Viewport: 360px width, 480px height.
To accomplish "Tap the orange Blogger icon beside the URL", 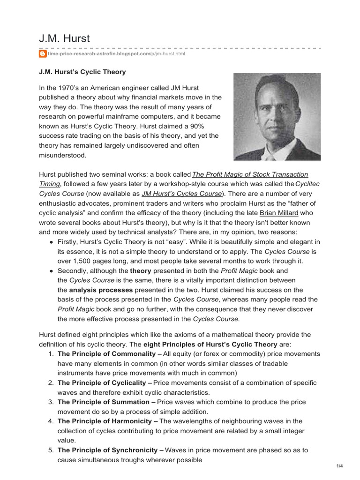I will [42, 54].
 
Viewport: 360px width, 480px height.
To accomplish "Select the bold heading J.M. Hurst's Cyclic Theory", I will [82, 72].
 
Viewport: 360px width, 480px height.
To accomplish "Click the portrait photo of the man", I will [277, 117].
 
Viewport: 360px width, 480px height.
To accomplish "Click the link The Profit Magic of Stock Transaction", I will [250, 174].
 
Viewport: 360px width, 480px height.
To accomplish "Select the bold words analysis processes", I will [101, 290].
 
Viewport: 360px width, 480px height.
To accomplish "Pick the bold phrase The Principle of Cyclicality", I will [104, 383].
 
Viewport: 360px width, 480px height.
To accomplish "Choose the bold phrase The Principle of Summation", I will [106, 402].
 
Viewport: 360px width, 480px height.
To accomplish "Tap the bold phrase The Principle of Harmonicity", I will [107, 421].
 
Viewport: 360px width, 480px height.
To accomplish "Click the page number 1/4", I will [340, 465].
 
